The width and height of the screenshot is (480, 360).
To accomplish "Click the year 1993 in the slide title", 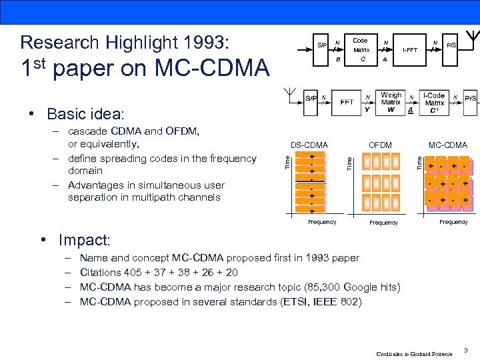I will click(207, 43).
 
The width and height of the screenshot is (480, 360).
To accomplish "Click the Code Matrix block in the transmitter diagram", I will click(361, 49).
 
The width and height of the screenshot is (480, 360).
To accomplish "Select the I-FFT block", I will click(409, 49).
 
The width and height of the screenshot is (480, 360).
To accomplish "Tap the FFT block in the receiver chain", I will click(347, 102).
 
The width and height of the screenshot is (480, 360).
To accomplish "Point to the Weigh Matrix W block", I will click(391, 102).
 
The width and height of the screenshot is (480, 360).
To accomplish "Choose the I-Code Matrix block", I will click(434, 102).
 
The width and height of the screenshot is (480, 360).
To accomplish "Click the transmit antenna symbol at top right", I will click(471, 35).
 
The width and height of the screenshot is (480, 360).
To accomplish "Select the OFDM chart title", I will click(381, 145).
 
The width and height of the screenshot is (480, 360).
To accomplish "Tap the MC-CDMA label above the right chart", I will click(448, 145).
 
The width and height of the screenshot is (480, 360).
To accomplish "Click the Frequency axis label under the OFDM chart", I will click(383, 223).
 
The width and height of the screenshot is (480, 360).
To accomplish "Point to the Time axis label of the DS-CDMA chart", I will click(287, 161).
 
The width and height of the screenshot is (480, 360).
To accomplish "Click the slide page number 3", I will click(466, 349).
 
